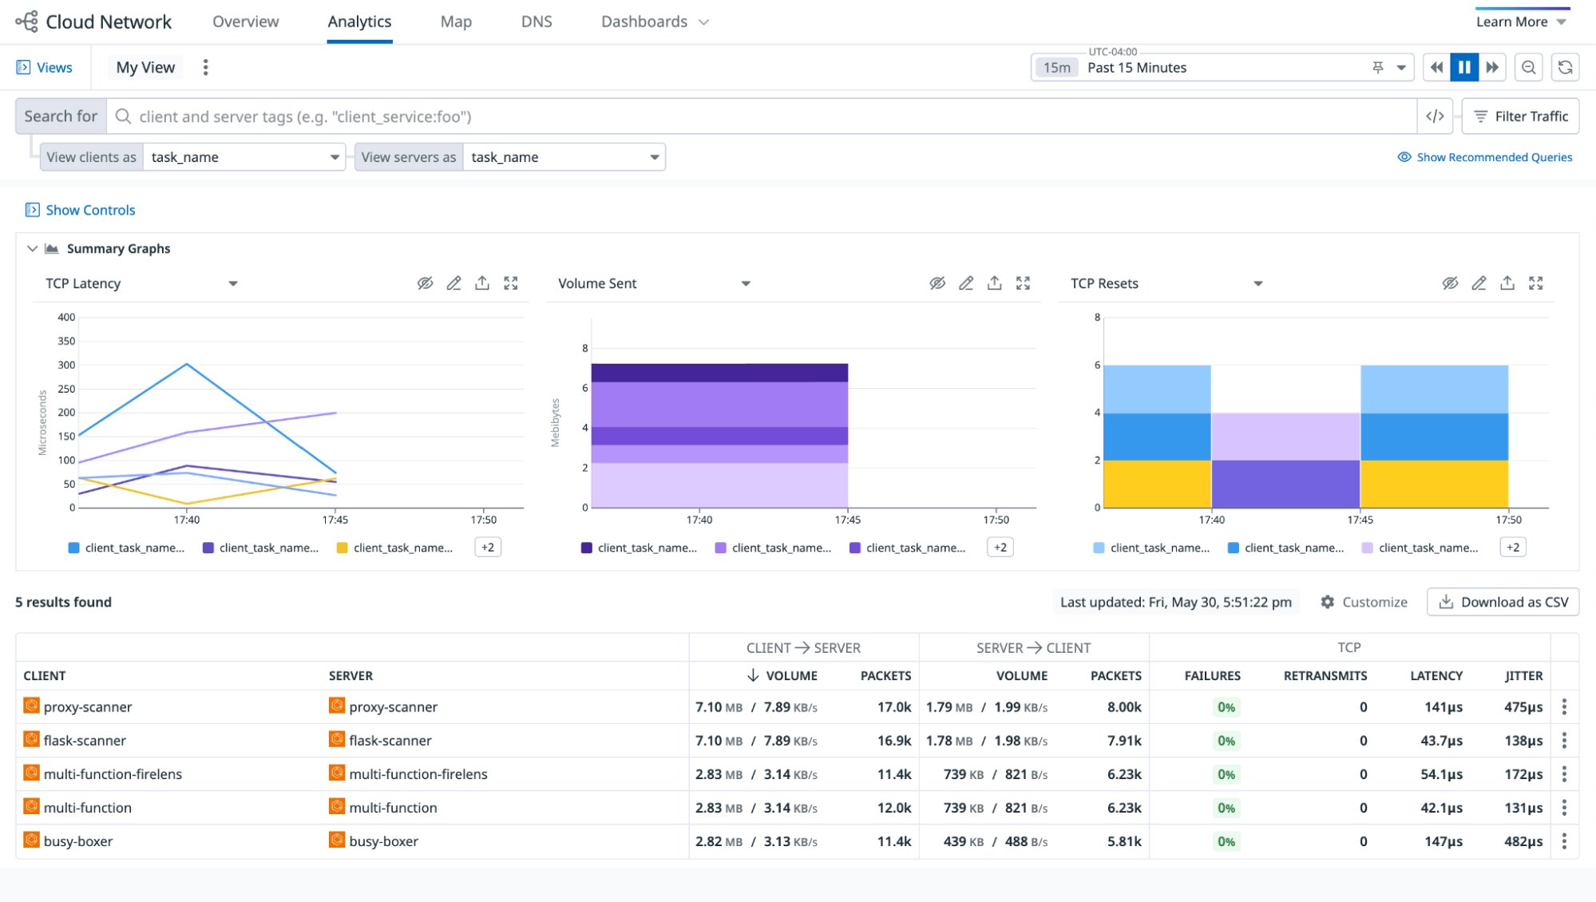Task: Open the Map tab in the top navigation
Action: coord(456,22)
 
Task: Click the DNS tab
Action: coord(537,22)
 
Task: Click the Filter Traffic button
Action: coord(1520,117)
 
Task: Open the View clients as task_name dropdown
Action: coord(244,157)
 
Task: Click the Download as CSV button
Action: coord(1503,602)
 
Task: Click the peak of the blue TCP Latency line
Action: coord(187,364)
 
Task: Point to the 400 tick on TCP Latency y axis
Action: coord(66,317)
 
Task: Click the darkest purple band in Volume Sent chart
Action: coord(719,373)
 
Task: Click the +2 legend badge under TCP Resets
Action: coord(1512,548)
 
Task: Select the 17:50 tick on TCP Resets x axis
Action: coord(1508,520)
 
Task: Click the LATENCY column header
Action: coord(1436,675)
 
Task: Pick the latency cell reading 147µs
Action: coord(1444,841)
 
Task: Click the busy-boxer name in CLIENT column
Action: coord(78,841)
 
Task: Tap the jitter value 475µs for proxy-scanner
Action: coord(1523,707)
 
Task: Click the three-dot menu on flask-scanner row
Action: coord(1564,741)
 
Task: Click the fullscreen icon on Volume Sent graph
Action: coord(1023,283)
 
